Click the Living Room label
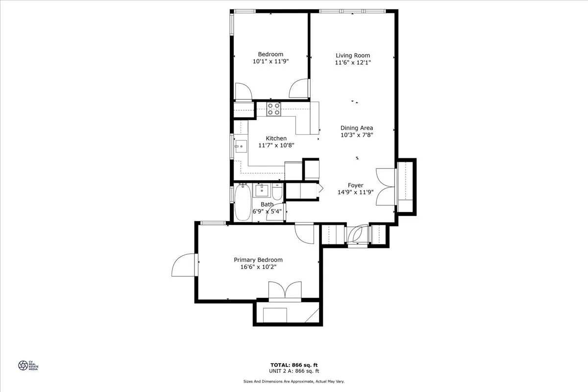(x=352, y=55)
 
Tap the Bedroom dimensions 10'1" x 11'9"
(x=270, y=62)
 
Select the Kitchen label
(x=276, y=138)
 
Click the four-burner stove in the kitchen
(x=274, y=109)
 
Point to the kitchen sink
(x=241, y=146)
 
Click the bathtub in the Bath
(x=242, y=203)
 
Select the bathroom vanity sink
(x=262, y=190)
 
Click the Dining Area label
(x=356, y=128)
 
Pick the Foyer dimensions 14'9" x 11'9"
(x=355, y=193)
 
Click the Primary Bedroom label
(x=258, y=260)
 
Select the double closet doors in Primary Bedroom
(x=285, y=290)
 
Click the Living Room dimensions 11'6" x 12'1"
(x=352, y=62)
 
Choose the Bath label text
(x=267, y=204)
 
